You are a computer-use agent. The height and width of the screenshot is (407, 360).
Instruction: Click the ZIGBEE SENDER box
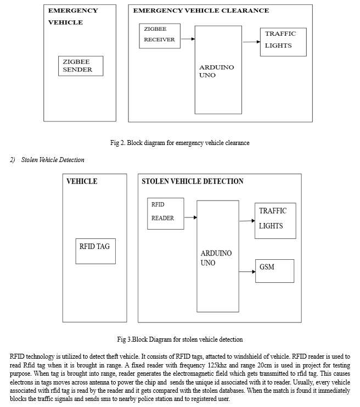(x=81, y=66)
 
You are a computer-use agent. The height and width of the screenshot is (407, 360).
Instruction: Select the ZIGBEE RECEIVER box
(x=160, y=36)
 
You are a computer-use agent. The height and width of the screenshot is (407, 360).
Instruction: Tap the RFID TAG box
(x=95, y=251)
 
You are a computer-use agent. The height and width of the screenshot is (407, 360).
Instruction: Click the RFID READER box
(x=166, y=214)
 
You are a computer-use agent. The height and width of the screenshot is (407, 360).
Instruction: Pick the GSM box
(x=275, y=271)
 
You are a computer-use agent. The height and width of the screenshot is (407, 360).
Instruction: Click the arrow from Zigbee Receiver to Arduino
(x=188, y=39)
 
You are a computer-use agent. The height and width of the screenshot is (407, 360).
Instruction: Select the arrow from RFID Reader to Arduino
(x=190, y=218)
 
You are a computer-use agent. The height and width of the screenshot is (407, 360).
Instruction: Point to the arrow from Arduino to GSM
(x=247, y=272)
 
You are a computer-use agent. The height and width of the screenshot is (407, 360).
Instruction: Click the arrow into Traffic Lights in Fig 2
(x=251, y=42)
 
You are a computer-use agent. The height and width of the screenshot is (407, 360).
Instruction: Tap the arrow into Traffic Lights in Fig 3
(x=247, y=221)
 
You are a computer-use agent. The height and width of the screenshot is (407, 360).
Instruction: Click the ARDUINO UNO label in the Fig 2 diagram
(x=217, y=71)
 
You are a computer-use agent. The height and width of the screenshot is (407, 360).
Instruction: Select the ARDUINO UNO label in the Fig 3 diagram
(x=216, y=258)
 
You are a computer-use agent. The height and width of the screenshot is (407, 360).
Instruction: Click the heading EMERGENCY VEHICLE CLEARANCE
(x=201, y=10)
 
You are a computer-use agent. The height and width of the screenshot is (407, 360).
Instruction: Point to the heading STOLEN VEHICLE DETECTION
(x=193, y=181)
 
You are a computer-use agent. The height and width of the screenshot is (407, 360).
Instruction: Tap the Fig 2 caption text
(x=180, y=143)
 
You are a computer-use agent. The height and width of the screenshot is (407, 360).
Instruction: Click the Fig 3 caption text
(x=180, y=339)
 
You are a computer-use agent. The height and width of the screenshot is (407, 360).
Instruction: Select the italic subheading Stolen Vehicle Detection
(x=53, y=160)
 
